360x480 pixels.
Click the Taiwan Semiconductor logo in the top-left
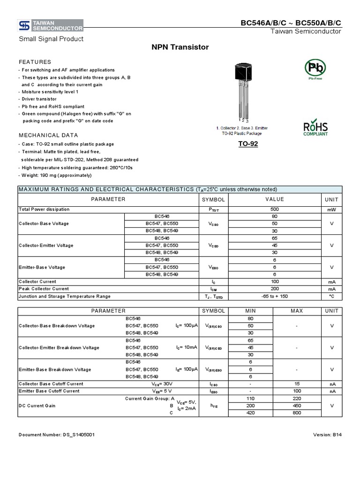coord(51,25)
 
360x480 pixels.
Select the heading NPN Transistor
coord(180,47)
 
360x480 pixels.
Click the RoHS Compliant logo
coord(315,128)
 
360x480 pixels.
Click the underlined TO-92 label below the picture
coord(248,144)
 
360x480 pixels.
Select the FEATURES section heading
coord(35,62)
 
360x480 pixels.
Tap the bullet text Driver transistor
coord(39,99)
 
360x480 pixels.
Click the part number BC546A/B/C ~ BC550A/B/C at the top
coord(291,22)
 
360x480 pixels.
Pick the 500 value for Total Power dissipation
coord(274,210)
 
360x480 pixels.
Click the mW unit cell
coord(331,210)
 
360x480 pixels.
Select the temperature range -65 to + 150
coord(274,296)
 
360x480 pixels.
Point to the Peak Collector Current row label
coord(44,289)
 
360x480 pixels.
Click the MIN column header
coord(250,311)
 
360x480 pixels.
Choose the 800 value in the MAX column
coord(297,413)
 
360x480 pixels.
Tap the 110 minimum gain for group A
coord(250,398)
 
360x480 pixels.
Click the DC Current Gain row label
coord(37,405)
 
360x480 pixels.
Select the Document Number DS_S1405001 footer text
coord(57,435)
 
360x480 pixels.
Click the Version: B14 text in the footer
coord(327,435)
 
